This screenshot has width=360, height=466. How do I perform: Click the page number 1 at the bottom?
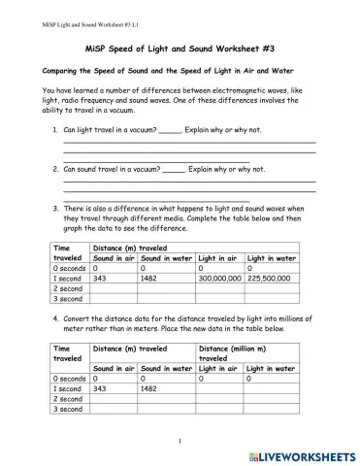[x=180, y=442]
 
